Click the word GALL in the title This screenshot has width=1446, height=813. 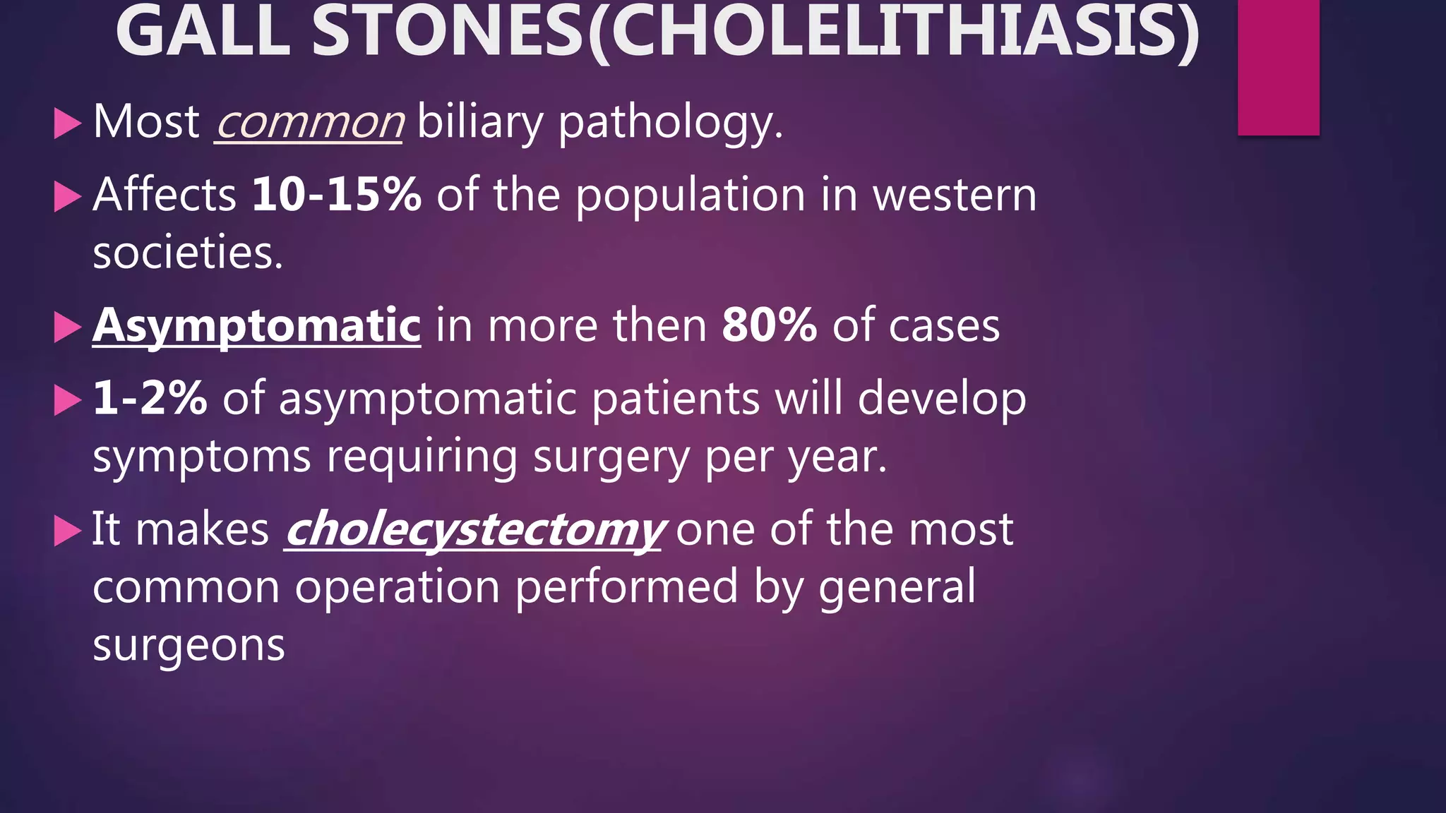[203, 32]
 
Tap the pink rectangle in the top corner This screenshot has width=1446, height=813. [1278, 67]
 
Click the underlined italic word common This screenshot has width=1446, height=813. [309, 122]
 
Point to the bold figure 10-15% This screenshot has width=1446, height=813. [337, 195]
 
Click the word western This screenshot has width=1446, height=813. [955, 195]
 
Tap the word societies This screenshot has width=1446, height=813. [187, 253]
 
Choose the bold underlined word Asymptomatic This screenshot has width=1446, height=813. [257, 326]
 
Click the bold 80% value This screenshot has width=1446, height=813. [769, 326]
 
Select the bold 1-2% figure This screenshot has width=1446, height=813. [150, 398]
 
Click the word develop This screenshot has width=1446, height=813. [942, 399]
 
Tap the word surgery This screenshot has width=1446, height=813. [611, 458]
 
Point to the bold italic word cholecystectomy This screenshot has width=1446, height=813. [474, 530]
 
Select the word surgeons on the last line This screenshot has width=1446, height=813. [189, 645]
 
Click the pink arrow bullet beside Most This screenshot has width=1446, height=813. [68, 124]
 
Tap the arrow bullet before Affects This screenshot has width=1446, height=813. [68, 197]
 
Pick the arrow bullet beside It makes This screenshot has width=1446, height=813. [68, 531]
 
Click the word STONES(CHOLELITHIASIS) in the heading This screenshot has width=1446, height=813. [755, 32]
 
